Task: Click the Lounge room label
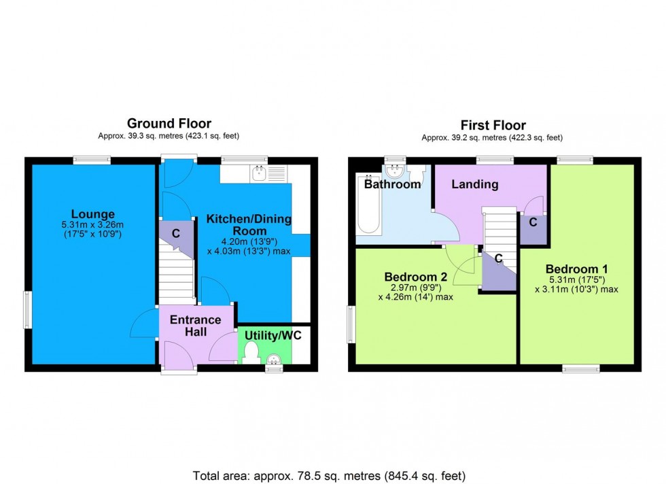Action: coord(94,214)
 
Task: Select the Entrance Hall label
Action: coord(196,326)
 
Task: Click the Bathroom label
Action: coord(392,184)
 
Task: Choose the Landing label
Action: coord(476,184)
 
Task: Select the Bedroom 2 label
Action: coord(415,277)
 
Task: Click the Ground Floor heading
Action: coord(169,123)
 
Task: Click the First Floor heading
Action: coord(493,125)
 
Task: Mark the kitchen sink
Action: coord(258,174)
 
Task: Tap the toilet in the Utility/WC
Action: coord(250,352)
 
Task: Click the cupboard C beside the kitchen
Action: coord(175,233)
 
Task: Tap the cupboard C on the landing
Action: coord(533,222)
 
